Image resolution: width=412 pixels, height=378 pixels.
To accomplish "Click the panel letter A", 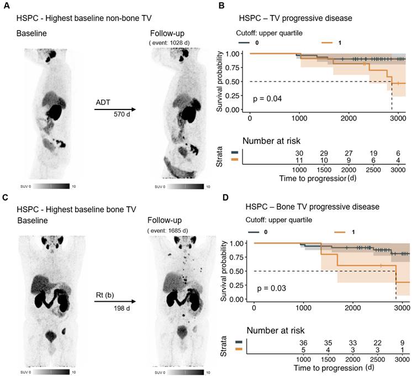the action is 7,5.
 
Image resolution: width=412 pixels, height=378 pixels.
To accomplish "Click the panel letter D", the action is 226,197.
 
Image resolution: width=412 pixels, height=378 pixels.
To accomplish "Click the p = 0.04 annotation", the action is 267,99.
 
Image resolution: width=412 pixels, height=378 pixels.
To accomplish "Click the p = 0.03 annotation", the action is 271,288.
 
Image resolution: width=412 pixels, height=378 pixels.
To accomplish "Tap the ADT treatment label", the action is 103,102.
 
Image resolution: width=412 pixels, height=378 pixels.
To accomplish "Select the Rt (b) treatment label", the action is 105,295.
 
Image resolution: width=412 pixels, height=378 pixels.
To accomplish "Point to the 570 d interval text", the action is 122,114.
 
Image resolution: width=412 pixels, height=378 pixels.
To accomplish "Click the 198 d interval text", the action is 122,308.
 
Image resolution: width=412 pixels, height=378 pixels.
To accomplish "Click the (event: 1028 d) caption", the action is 169,43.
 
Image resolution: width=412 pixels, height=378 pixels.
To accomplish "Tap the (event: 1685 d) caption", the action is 168,231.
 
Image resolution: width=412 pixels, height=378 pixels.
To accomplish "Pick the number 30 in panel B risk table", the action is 299,153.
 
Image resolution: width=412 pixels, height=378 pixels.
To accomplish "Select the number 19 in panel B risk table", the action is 373,153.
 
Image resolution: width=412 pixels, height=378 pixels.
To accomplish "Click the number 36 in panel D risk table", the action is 303,343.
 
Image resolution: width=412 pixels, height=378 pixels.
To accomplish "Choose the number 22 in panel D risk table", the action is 377,343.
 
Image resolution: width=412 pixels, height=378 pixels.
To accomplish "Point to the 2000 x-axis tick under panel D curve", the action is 352,308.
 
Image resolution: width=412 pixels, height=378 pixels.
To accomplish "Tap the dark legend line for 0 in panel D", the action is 254,232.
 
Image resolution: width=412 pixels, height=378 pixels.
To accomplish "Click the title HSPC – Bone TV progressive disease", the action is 313,207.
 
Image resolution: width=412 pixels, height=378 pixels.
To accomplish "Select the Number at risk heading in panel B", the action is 271,141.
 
